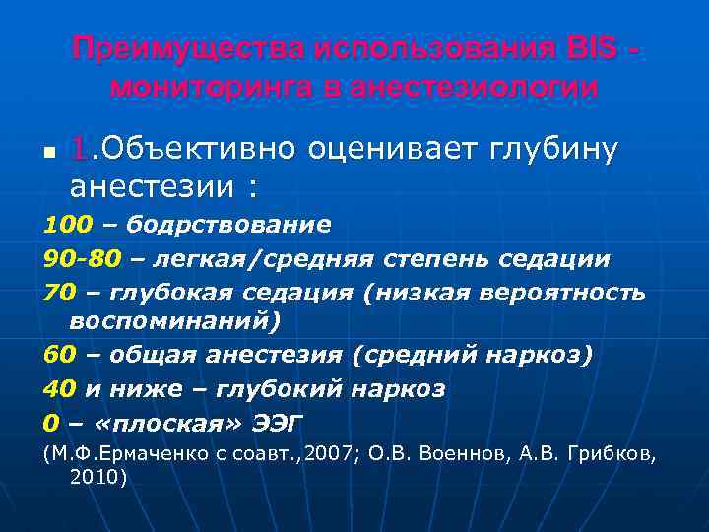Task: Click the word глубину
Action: click(x=551, y=149)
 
